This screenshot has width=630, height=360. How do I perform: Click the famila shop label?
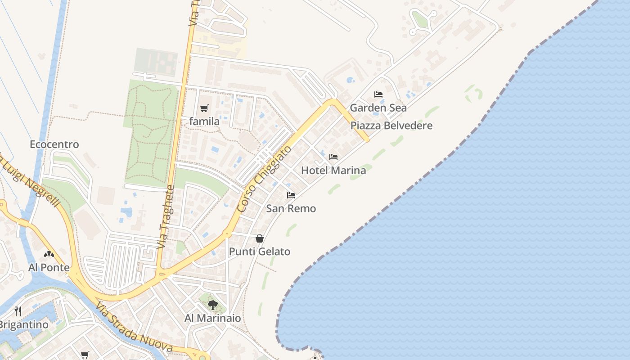pos(204,121)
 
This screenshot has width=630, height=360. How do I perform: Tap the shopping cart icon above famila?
pos(204,108)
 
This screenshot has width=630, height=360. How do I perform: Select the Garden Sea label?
pos(378,108)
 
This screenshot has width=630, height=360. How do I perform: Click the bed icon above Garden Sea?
pos(378,94)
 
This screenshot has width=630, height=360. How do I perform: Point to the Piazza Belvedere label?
pos(391,126)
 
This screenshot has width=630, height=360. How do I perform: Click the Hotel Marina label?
pos(333,171)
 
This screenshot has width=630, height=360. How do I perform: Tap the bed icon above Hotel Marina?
pos(333,157)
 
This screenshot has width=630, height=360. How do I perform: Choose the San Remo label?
pos(291,208)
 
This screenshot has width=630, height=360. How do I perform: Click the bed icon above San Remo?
pos(291,195)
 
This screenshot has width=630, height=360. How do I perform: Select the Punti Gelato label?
pos(260,252)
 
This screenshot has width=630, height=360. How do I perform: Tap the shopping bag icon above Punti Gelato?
pos(260,238)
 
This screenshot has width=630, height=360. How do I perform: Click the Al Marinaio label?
pos(213,318)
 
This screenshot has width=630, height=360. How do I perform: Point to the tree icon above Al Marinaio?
pos(213,305)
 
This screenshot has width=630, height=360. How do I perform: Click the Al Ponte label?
pos(49,268)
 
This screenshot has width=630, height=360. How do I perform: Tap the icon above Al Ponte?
pos(49,255)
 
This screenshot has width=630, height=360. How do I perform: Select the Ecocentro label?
pos(54,144)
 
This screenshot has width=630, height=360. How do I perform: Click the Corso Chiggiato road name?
pos(264,179)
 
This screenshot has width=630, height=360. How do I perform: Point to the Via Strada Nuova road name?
pos(134,327)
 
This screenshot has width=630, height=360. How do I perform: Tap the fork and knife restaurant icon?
pos(18,311)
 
